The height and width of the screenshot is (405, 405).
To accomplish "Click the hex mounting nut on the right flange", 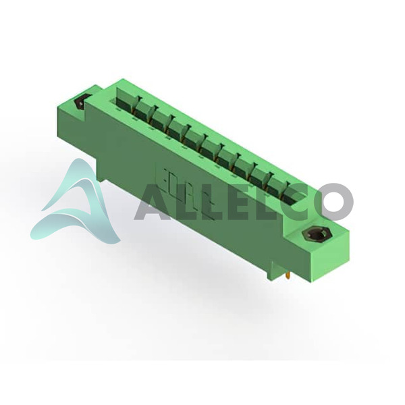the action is (x=314, y=234).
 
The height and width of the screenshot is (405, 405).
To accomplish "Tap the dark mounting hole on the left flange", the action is (x=80, y=103).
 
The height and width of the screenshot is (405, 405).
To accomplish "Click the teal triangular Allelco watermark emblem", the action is (x=78, y=204).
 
